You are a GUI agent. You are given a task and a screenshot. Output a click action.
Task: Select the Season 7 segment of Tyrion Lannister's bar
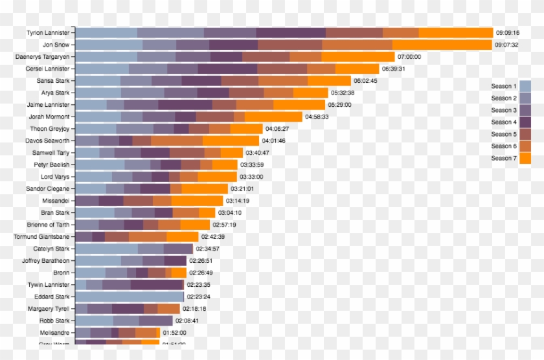(455, 33)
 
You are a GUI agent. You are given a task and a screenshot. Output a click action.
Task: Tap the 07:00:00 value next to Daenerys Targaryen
(409, 57)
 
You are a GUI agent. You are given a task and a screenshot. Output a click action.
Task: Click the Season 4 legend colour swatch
(525, 122)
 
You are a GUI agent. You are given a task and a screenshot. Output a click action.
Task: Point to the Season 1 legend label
(503, 86)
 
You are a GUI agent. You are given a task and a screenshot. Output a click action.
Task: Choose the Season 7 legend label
(503, 158)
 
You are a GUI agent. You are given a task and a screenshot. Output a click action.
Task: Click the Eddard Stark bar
(129, 297)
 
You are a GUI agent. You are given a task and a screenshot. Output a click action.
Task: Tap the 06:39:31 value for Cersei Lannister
(394, 69)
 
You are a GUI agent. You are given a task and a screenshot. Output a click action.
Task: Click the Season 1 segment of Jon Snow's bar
(109, 45)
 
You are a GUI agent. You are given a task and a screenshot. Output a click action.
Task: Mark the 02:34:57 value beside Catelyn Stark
(207, 249)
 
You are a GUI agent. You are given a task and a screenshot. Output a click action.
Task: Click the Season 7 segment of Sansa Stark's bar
(329, 81)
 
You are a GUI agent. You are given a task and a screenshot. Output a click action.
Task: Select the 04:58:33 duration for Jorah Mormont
(317, 117)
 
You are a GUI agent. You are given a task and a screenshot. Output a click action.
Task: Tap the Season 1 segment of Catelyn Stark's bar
(106, 249)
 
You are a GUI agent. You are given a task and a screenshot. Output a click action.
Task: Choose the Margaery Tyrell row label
(49, 309)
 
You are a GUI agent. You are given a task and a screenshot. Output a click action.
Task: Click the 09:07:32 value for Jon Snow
(506, 45)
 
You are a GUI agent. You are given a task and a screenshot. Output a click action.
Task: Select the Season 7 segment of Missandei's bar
(197, 201)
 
